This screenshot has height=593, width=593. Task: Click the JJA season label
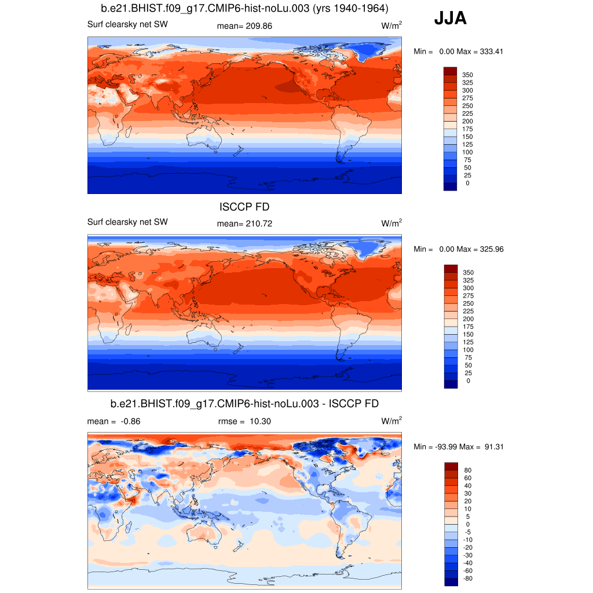tap(450, 19)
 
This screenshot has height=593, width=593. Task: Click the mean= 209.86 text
tap(244, 26)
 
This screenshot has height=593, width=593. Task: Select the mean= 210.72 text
tap(244, 224)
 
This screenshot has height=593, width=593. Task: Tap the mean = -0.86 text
tap(114, 422)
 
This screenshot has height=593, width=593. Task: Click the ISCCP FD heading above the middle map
tap(244, 207)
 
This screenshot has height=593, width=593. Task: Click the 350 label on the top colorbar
tap(467, 75)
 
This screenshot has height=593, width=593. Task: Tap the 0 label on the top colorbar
tap(467, 183)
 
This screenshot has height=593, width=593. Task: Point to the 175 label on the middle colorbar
tap(467, 327)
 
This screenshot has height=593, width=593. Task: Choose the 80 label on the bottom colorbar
tap(468, 470)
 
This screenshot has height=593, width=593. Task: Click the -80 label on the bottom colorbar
tap(468, 578)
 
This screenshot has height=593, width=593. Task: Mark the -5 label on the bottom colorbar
tap(468, 532)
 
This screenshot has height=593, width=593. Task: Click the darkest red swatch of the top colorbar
tap(450, 71)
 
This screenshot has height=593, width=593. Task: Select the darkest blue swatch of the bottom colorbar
tap(450, 581)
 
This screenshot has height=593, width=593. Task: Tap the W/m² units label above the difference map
tap(391, 421)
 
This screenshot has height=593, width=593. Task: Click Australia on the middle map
tap(203, 336)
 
